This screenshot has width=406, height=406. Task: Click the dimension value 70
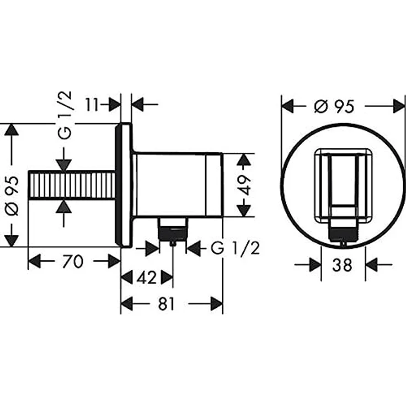click(x=73, y=261)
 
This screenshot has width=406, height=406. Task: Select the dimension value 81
click(x=167, y=304)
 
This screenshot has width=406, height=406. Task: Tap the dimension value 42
click(x=147, y=277)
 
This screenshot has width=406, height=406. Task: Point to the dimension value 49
click(x=244, y=185)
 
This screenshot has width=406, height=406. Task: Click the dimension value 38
click(x=343, y=265)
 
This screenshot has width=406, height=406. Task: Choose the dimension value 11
click(x=92, y=105)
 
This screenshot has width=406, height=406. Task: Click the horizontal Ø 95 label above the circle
click(x=334, y=106)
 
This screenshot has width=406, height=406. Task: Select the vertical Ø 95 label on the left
click(x=13, y=195)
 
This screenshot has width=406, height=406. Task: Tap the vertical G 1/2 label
click(x=64, y=115)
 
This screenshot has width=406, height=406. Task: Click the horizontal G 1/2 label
click(x=235, y=249)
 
